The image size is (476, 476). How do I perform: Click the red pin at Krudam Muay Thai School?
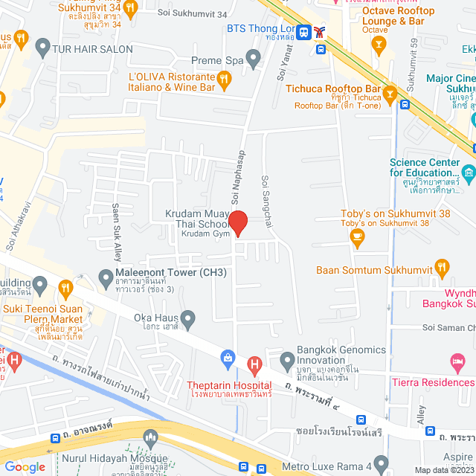coord(237,222)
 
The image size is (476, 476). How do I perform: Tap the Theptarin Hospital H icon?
coord(255,364)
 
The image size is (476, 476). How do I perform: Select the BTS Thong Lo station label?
coord(261,30)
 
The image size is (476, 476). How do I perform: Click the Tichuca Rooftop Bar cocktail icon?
coord(388,94)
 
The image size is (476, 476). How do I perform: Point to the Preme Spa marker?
coord(254,57)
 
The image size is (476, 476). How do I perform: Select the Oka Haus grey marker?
coord(189,321)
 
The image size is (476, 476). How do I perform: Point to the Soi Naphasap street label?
coord(239,182)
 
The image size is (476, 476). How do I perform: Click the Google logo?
coord(25,466)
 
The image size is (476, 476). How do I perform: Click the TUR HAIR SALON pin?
coord(42,50)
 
